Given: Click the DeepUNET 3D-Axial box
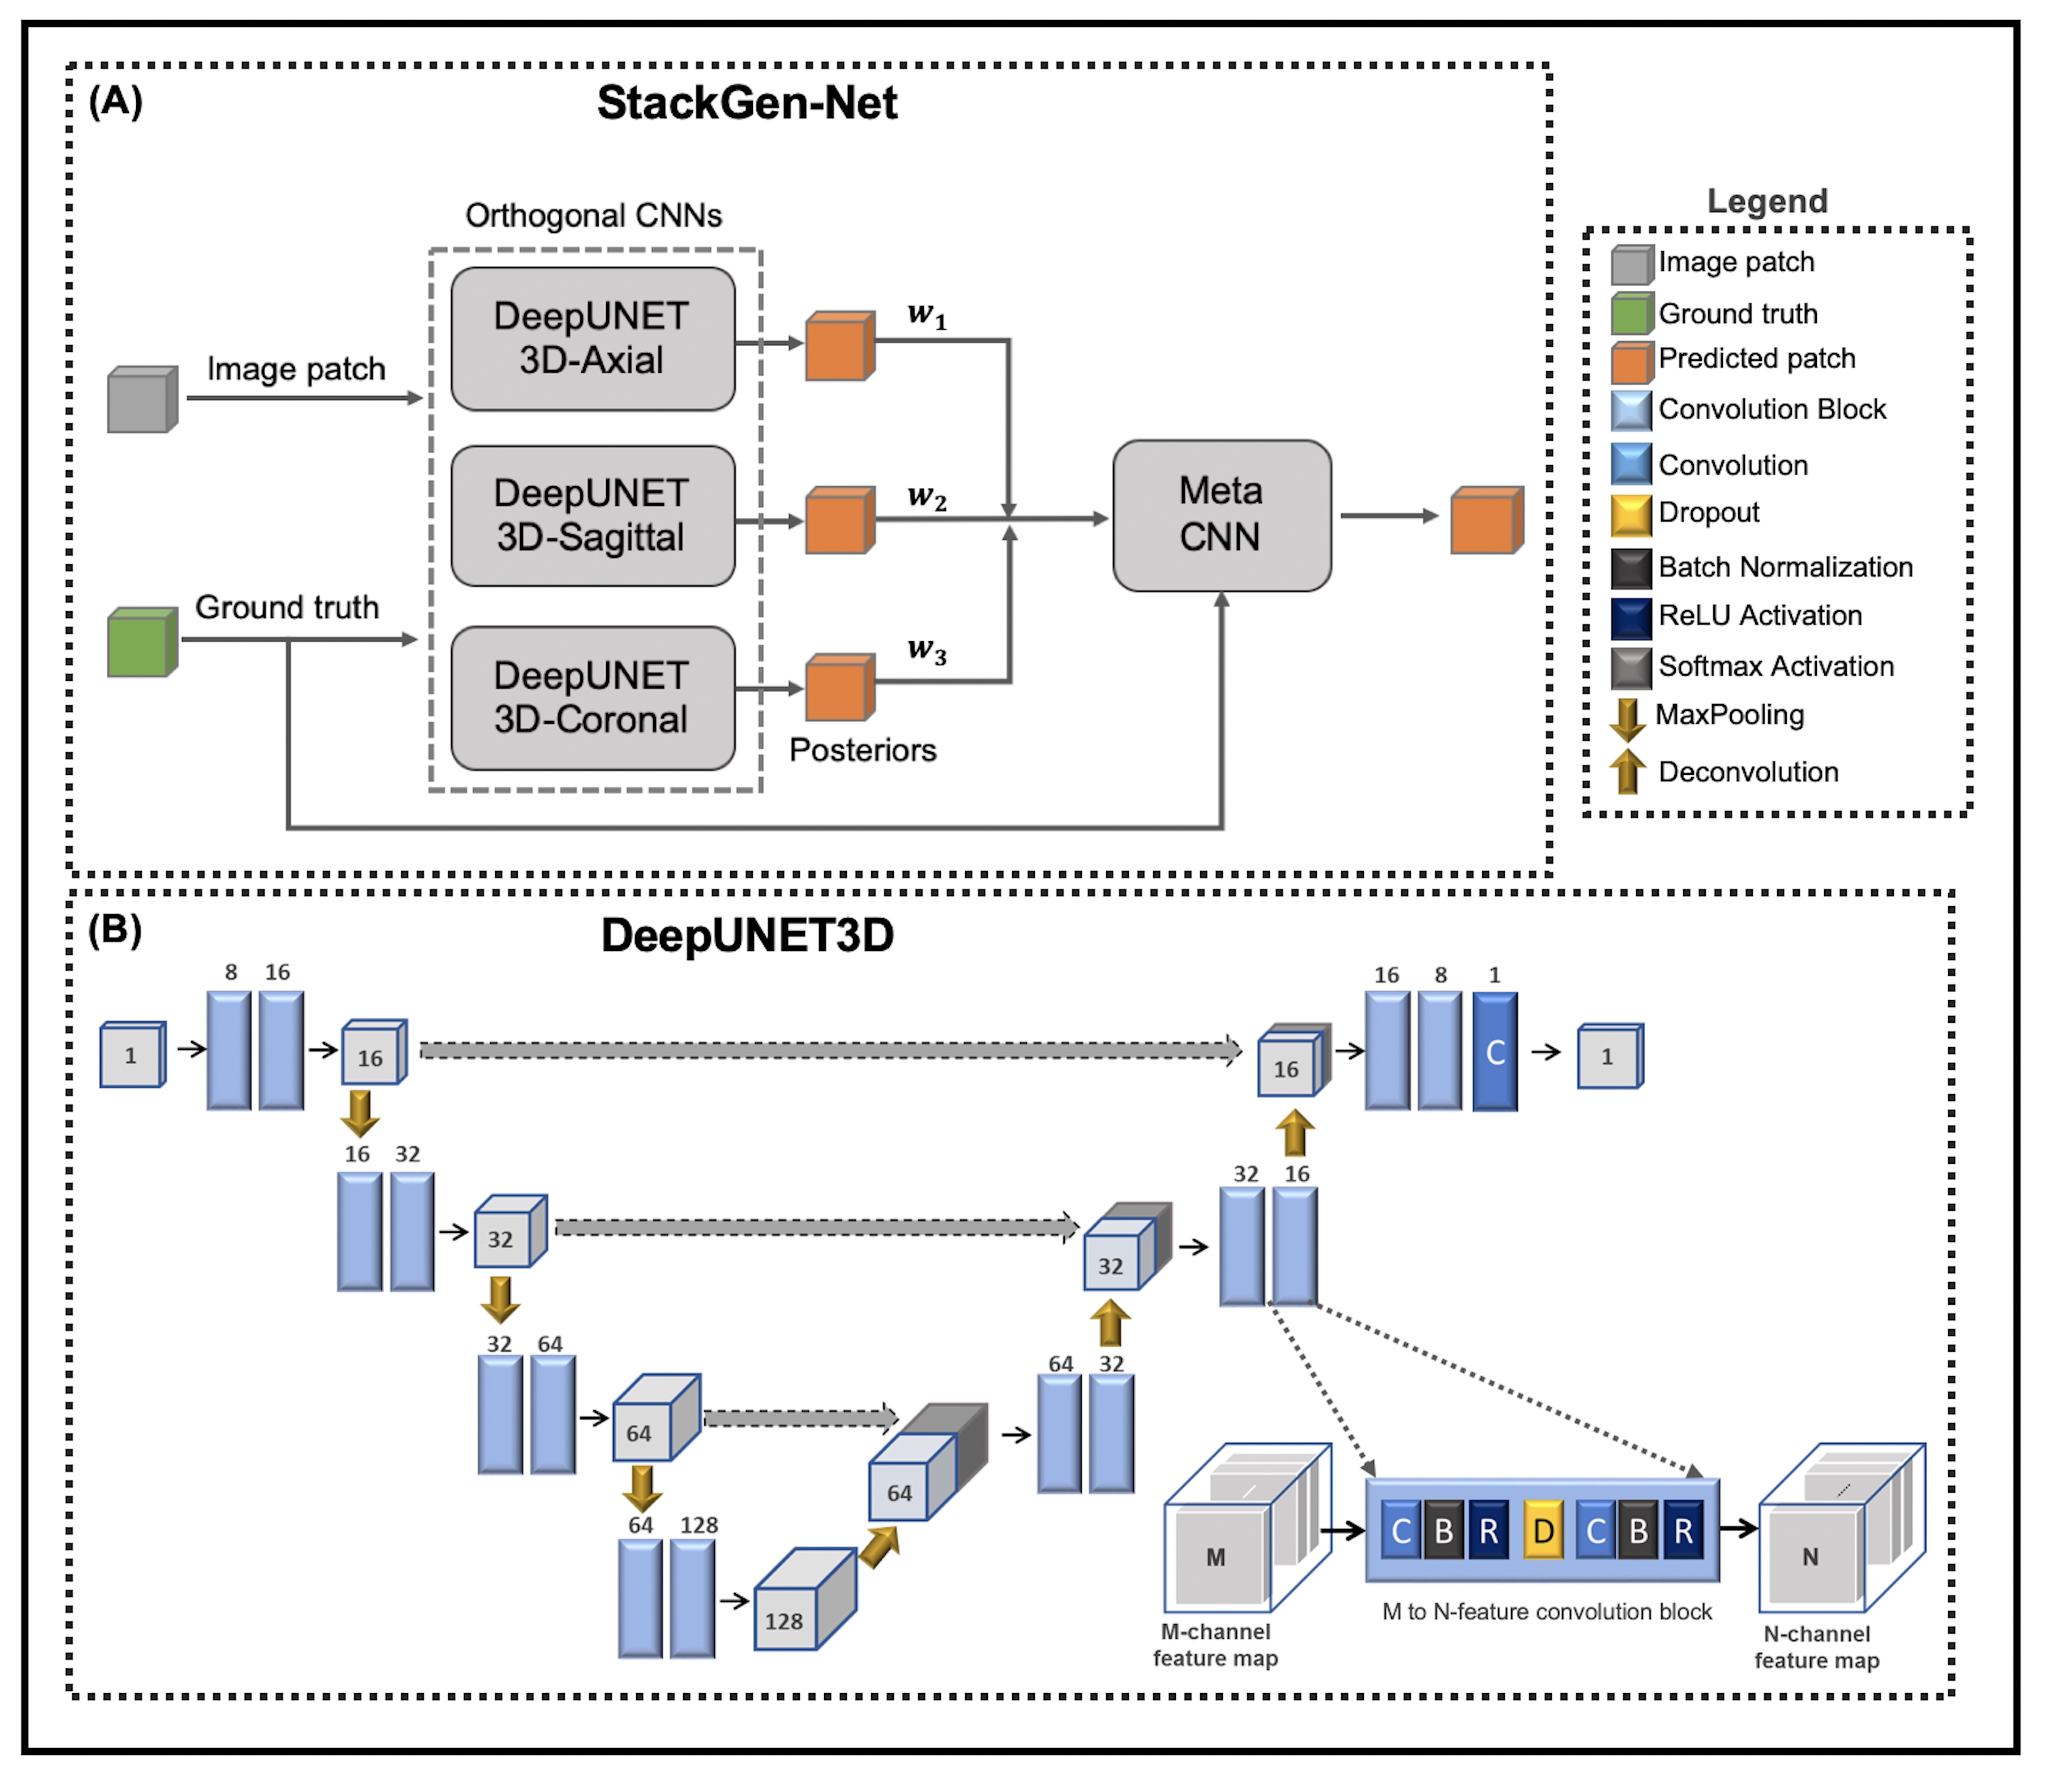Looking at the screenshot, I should pos(593,339).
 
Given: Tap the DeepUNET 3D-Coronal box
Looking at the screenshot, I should pos(593,698).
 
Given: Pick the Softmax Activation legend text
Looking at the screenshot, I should pos(1775,667).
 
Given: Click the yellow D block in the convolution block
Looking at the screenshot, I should pos(1543,1531).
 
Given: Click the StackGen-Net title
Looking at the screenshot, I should pos(747,103).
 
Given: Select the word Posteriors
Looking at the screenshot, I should pos(862,750).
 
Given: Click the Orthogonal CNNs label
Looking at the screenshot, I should pos(594,215).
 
